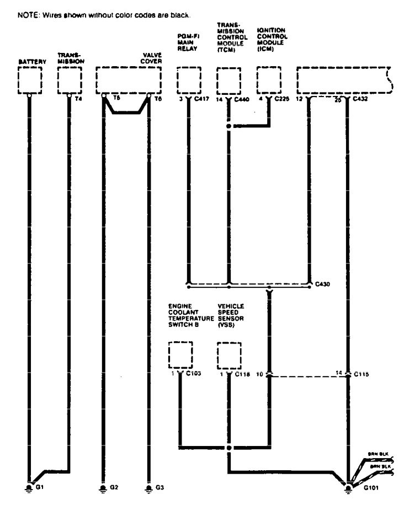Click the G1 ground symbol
29,487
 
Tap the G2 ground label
114,487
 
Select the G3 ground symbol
148,487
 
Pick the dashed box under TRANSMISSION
69,80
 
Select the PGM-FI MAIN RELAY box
189,80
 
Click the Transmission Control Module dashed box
228,80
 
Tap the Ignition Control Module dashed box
269,80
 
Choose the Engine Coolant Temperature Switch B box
180,355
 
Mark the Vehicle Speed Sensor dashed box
228,355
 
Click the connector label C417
201,100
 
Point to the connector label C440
242,100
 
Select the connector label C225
281,100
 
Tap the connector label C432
360,100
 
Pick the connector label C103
194,374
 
